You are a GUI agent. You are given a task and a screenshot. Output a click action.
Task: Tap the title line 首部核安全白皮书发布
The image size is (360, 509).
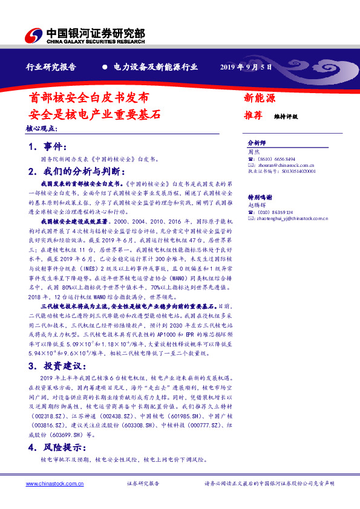(x=87, y=97)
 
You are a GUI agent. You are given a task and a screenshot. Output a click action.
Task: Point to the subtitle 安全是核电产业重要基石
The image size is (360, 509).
(x=95, y=113)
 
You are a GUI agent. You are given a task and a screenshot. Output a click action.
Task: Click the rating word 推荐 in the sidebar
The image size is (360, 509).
(x=253, y=114)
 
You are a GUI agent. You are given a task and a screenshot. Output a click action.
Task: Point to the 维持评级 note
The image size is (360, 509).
(x=286, y=115)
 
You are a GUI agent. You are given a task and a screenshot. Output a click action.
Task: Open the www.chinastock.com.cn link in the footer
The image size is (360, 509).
(x=50, y=484)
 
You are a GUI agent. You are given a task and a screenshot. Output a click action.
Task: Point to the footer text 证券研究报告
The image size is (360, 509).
(x=143, y=484)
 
